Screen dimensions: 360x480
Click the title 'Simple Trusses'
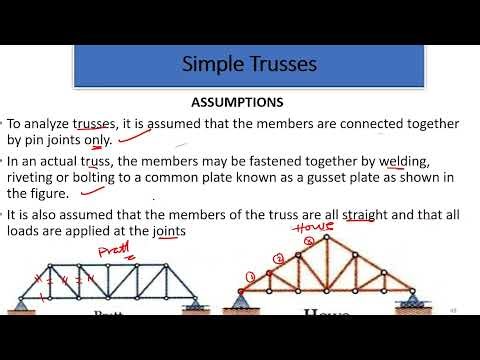pyautogui.click(x=249, y=65)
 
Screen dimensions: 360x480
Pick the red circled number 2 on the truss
pyautogui.click(x=280, y=260)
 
